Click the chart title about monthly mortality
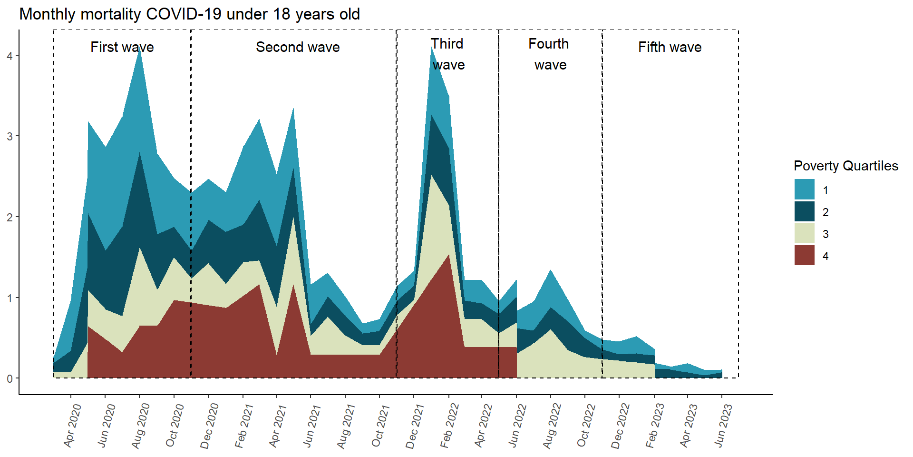pyautogui.click(x=189, y=14)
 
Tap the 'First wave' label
pyautogui.click(x=122, y=47)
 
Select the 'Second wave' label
pyautogui.click(x=298, y=47)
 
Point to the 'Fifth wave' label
pyautogui.click(x=670, y=47)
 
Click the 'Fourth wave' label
pyautogui.click(x=549, y=54)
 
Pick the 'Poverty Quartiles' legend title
pyautogui.click(x=845, y=166)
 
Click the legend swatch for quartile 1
pyautogui.click(x=804, y=189)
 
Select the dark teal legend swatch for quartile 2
pyautogui.click(x=804, y=211)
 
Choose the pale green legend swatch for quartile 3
pyautogui.click(x=804, y=233)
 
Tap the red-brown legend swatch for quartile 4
pyautogui.click(x=804, y=255)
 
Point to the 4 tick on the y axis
pyautogui.click(x=10, y=56)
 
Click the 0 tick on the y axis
pyautogui.click(x=10, y=379)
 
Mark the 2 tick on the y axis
pyautogui.click(x=10, y=218)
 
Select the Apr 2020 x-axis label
pyautogui.click(x=73, y=425)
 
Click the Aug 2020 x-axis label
pyautogui.click(x=141, y=425)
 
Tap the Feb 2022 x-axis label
pyautogui.click(x=449, y=425)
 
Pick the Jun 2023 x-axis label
pyautogui.click(x=723, y=425)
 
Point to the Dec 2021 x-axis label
pyautogui.click(x=415, y=425)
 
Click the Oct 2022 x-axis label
pyautogui.click(x=586, y=425)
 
